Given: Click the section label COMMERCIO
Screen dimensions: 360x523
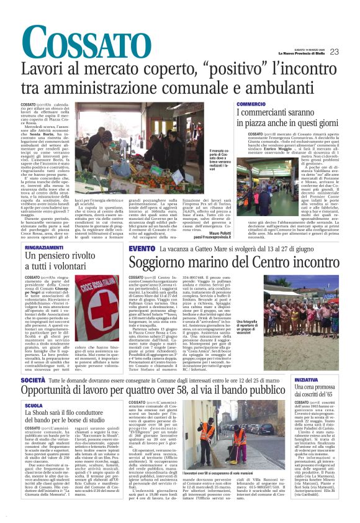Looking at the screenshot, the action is tap(251, 104).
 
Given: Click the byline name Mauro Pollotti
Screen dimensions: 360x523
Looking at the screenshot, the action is tap(216, 232).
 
